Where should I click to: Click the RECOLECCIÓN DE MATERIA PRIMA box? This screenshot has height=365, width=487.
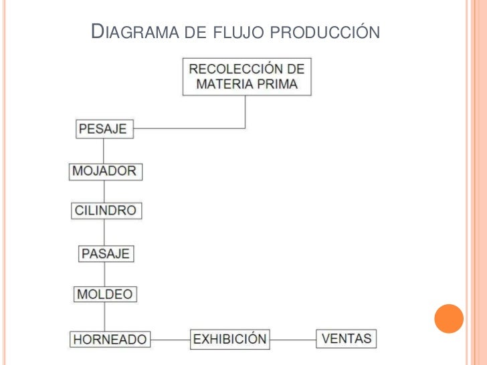click(247, 77)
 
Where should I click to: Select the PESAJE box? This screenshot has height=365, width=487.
click(104, 128)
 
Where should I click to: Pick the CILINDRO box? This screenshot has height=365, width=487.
click(106, 211)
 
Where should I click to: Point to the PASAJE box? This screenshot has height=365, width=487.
click(106, 254)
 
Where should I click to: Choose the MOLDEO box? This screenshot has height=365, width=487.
click(105, 294)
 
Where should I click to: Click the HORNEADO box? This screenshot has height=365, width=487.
click(110, 339)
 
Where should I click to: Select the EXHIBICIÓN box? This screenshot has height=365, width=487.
click(230, 338)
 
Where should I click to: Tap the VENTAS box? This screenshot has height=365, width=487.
click(347, 338)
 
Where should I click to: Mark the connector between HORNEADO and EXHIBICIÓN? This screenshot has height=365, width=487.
click(170, 340)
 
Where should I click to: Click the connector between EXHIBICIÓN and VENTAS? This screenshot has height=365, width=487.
click(292, 339)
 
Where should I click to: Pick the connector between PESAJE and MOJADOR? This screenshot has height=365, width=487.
click(104, 150)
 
